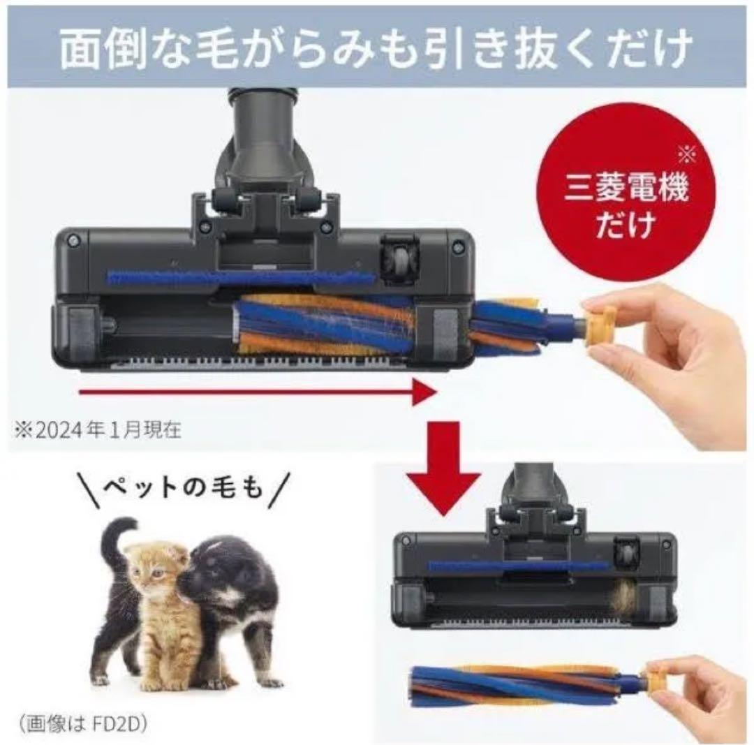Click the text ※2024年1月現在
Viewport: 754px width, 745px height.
[x=96, y=429]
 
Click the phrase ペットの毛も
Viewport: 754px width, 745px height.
[x=183, y=487]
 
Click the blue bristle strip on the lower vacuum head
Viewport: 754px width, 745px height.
[x=517, y=566]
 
